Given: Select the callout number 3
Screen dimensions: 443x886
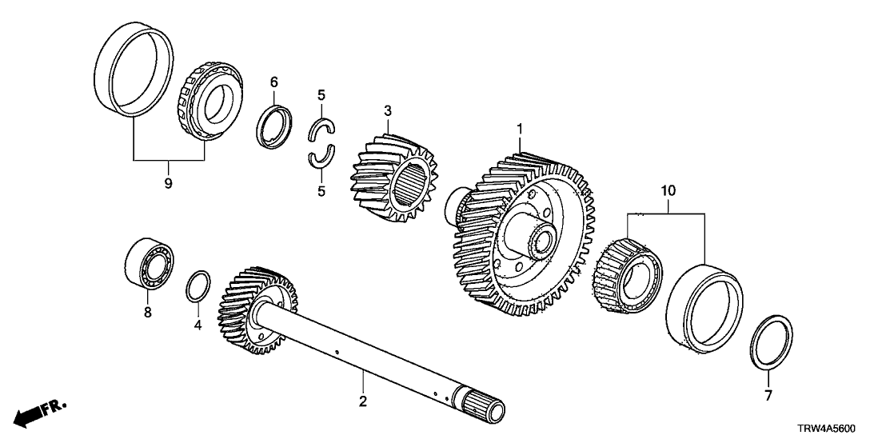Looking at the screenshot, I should pos(387,109).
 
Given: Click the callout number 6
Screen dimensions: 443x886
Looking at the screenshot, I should pos(273,82).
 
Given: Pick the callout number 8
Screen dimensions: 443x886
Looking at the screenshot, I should pos(147,313).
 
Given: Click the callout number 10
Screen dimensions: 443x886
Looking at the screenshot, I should pos(668,191).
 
